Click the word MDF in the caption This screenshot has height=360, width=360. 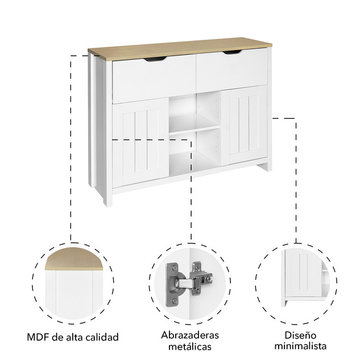38,337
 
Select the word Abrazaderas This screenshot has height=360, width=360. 190,336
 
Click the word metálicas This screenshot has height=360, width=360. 190,347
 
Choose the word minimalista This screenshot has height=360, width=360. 300,346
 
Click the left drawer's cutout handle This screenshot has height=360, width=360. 155,59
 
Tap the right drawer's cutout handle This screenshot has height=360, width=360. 233,52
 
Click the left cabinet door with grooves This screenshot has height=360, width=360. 140,142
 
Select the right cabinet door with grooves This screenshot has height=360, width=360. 244,125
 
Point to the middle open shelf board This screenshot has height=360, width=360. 194,124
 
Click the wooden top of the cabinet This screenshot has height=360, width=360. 180,49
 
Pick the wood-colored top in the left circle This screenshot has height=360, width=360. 74,259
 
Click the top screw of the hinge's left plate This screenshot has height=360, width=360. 175,267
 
